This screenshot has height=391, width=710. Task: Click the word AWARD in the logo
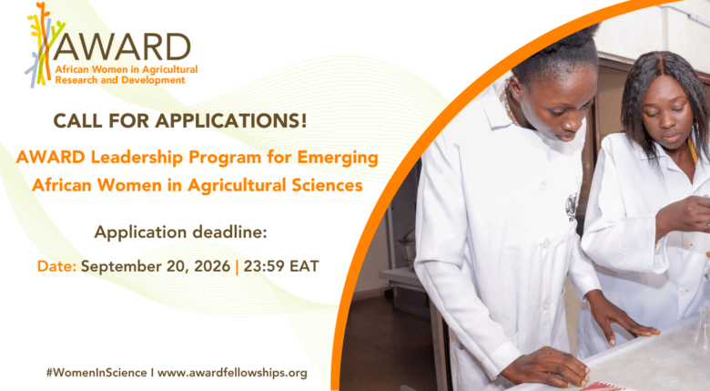pyautogui.click(x=122, y=46)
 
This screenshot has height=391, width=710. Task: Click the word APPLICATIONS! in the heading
pyautogui.click(x=231, y=120)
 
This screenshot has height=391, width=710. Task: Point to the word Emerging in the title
pyautogui.click(x=338, y=158)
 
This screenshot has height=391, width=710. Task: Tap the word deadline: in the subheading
pyautogui.click(x=229, y=232)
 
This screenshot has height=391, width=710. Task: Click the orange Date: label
pyautogui.click(x=56, y=266)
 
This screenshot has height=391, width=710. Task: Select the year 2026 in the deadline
pyautogui.click(x=212, y=266)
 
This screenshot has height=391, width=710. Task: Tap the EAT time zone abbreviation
pyautogui.click(x=305, y=266)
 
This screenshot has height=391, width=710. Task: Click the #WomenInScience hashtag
pyautogui.click(x=96, y=373)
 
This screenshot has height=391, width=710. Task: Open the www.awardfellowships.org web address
pyautogui.click(x=232, y=373)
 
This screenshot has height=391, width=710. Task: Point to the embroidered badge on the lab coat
pyautogui.click(x=573, y=207)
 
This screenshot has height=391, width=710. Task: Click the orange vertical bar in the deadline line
pyautogui.click(x=237, y=267)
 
